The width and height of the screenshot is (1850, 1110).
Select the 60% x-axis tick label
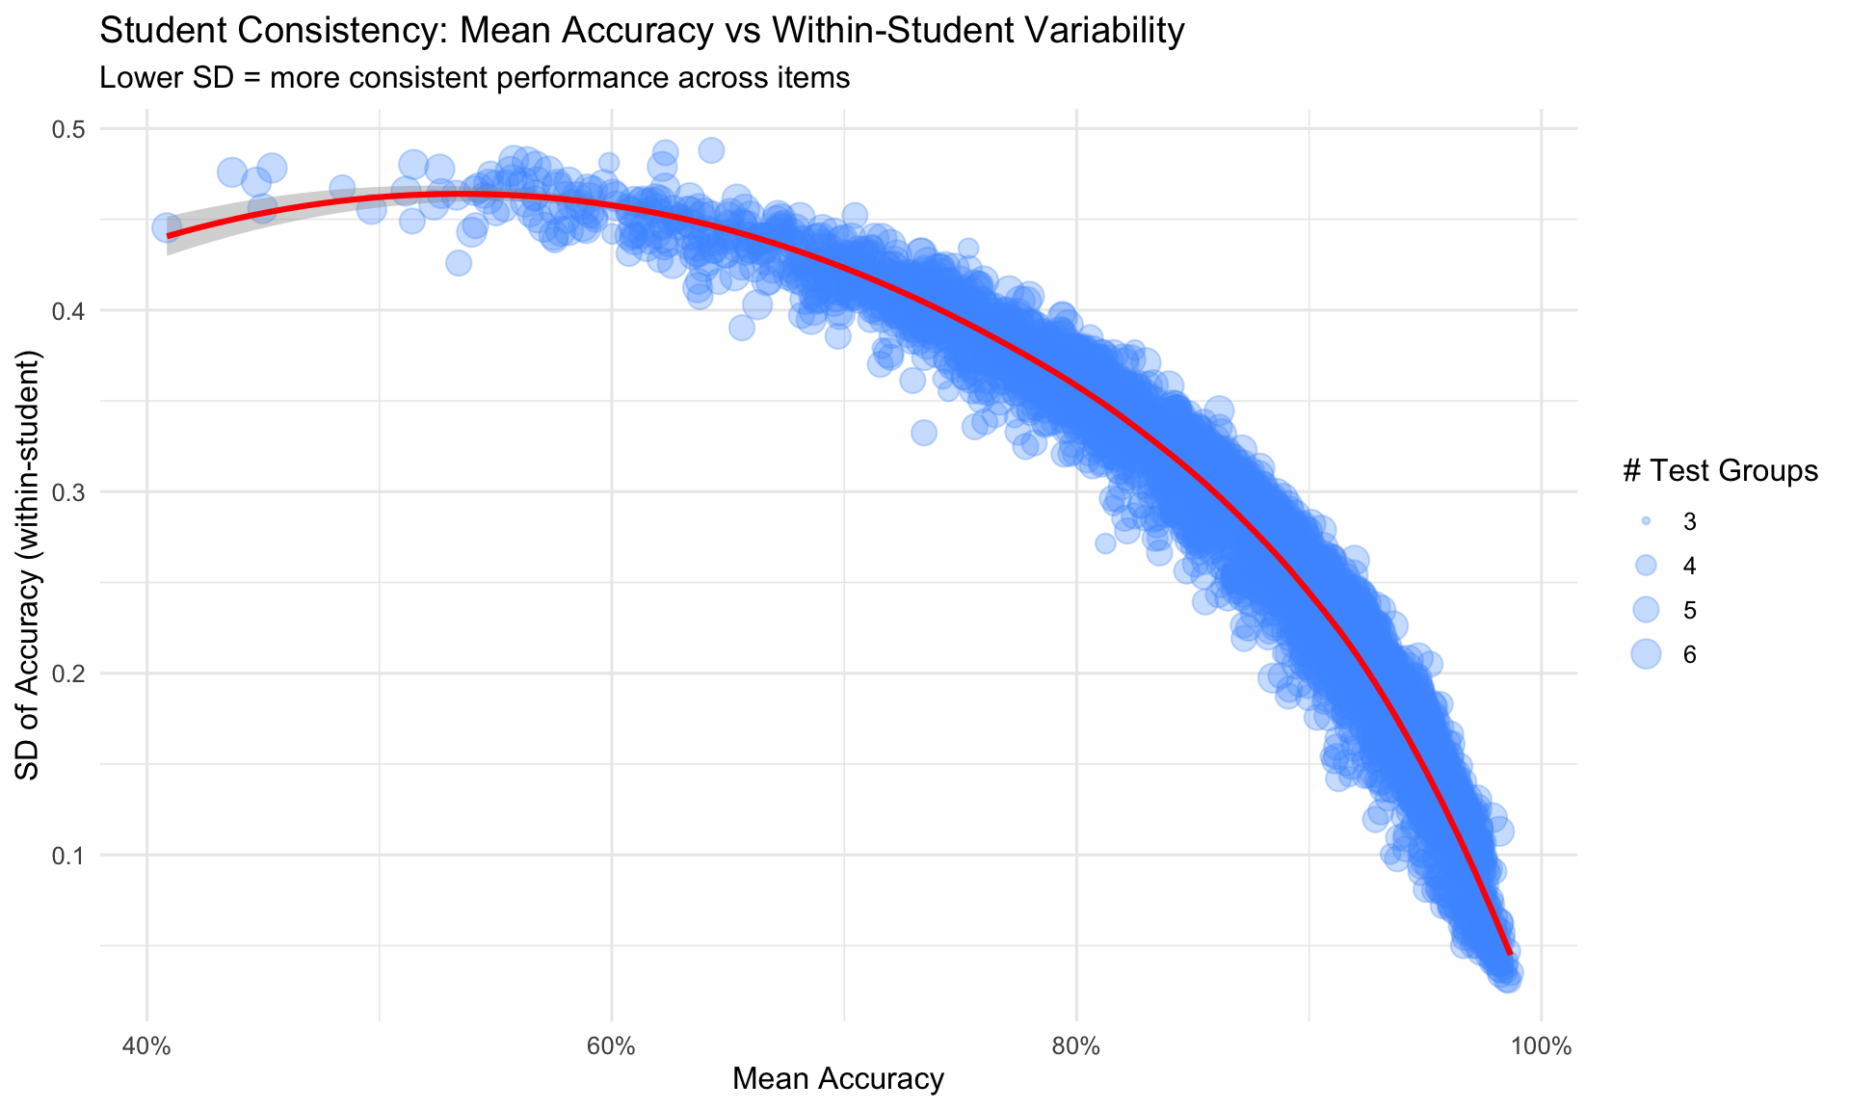tap(611, 1046)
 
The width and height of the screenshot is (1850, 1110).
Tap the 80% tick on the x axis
tap(1076, 1046)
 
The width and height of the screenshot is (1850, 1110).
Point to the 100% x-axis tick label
tap(1541, 1046)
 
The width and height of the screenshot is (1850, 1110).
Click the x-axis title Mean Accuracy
tap(837, 1079)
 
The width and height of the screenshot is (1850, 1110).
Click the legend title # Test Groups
tap(1720, 470)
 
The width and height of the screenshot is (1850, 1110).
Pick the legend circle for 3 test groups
tap(1646, 521)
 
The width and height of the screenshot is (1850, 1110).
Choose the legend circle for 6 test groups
tap(1646, 654)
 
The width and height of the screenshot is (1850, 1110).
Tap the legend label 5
tap(1689, 610)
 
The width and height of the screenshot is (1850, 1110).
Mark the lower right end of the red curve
tap(1509, 954)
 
